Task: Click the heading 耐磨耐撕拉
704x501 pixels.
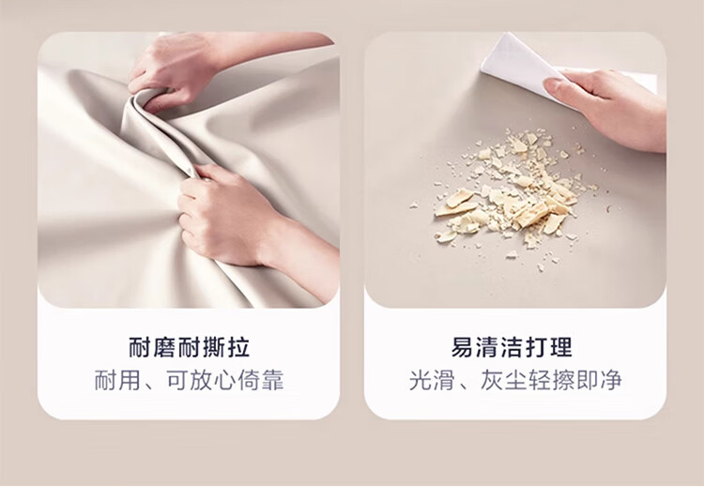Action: [189, 347]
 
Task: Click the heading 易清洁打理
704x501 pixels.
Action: [512, 347]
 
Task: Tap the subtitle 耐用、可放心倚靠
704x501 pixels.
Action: [189, 380]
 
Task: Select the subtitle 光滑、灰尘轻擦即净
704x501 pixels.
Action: [515, 380]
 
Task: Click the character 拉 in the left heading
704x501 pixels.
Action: [238, 347]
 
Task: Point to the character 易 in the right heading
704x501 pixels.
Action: [462, 347]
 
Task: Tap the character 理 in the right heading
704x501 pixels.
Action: [561, 347]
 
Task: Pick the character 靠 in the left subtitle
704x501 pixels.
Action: [272, 380]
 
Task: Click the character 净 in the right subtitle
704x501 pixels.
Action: [611, 380]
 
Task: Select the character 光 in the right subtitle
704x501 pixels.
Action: [421, 380]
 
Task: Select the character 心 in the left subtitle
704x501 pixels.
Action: [224, 380]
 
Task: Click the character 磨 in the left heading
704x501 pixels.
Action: [164, 347]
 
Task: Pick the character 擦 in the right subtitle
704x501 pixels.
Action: [563, 380]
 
